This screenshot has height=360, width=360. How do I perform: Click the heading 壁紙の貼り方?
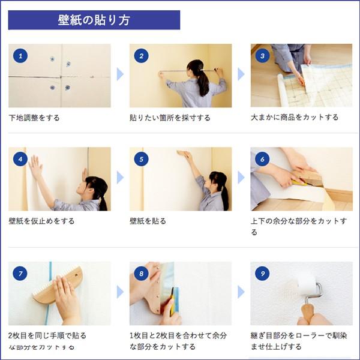click(94, 20)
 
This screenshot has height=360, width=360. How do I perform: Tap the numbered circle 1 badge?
click(20, 56)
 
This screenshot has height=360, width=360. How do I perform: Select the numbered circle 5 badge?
click(142, 159)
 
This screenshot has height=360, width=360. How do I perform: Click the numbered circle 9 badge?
click(262, 274)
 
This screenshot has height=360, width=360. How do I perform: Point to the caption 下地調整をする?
click(34, 118)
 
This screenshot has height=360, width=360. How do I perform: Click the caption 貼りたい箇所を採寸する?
click(170, 118)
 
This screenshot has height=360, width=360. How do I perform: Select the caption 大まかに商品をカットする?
click(294, 118)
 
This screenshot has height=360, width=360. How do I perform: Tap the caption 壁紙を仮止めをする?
click(41, 221)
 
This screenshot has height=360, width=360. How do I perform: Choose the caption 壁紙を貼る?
click(148, 221)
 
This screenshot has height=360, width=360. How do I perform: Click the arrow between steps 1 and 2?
click(120, 74)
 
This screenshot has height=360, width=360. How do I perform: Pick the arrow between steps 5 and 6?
click(241, 178)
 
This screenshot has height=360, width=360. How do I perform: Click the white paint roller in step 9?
click(307, 285)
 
